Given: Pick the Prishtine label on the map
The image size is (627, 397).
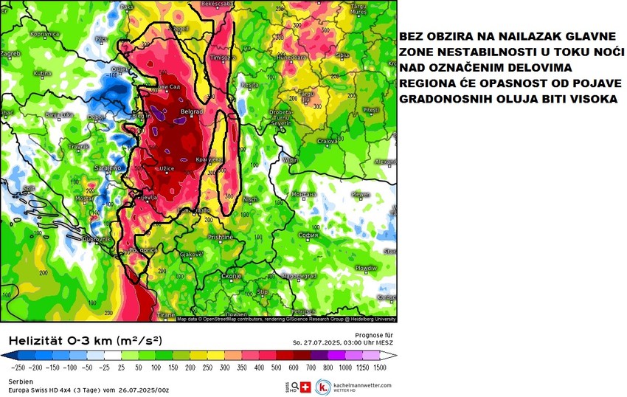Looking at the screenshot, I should [x=221, y=237].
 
